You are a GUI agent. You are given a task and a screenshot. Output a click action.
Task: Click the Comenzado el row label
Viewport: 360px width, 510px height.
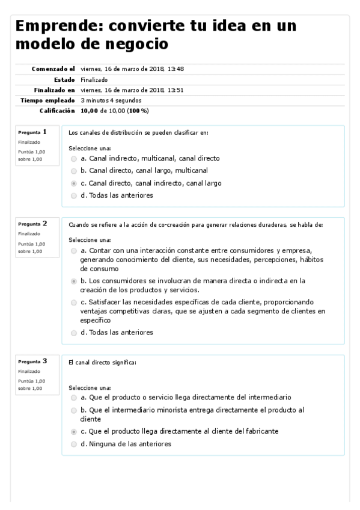(x=53, y=69)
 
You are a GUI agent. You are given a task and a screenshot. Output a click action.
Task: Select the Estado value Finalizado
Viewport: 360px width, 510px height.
(x=92, y=79)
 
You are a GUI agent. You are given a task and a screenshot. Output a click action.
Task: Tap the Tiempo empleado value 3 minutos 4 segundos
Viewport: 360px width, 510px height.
(x=111, y=100)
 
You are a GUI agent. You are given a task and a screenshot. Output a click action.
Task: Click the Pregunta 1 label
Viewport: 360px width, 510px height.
(x=32, y=132)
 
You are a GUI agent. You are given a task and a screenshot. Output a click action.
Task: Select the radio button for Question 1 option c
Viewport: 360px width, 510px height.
(x=73, y=183)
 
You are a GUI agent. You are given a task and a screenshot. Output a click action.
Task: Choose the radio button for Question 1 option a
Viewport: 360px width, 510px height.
(x=73, y=159)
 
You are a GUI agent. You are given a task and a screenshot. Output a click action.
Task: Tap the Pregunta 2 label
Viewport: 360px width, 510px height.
(x=32, y=224)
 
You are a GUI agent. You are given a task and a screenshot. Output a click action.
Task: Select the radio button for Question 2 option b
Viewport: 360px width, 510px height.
(x=73, y=281)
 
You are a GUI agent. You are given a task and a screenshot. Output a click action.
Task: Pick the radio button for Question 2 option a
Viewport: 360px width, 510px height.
(x=73, y=250)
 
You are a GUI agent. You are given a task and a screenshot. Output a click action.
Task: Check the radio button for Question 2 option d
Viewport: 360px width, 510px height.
(x=73, y=333)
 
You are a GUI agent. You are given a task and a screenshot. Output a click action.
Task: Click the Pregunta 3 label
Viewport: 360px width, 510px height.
(x=32, y=361)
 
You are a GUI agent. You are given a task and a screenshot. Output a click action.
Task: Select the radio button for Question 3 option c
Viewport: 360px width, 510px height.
(x=73, y=432)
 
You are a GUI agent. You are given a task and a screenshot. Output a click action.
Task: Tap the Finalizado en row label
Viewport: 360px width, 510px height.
(x=54, y=90)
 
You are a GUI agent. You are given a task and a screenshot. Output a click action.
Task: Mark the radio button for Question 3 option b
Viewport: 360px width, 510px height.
(x=73, y=410)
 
